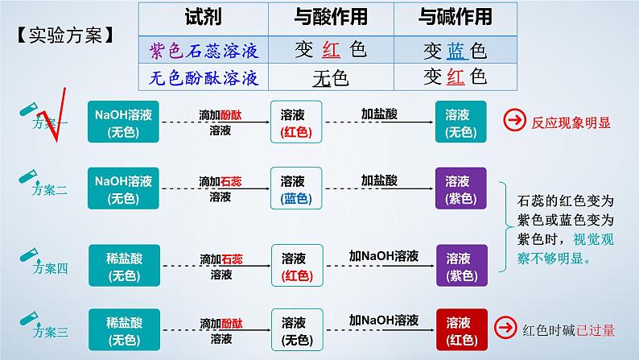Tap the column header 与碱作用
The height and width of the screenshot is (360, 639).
point(456,17)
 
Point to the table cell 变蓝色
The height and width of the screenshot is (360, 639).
point(455,51)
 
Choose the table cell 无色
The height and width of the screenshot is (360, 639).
point(328,78)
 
